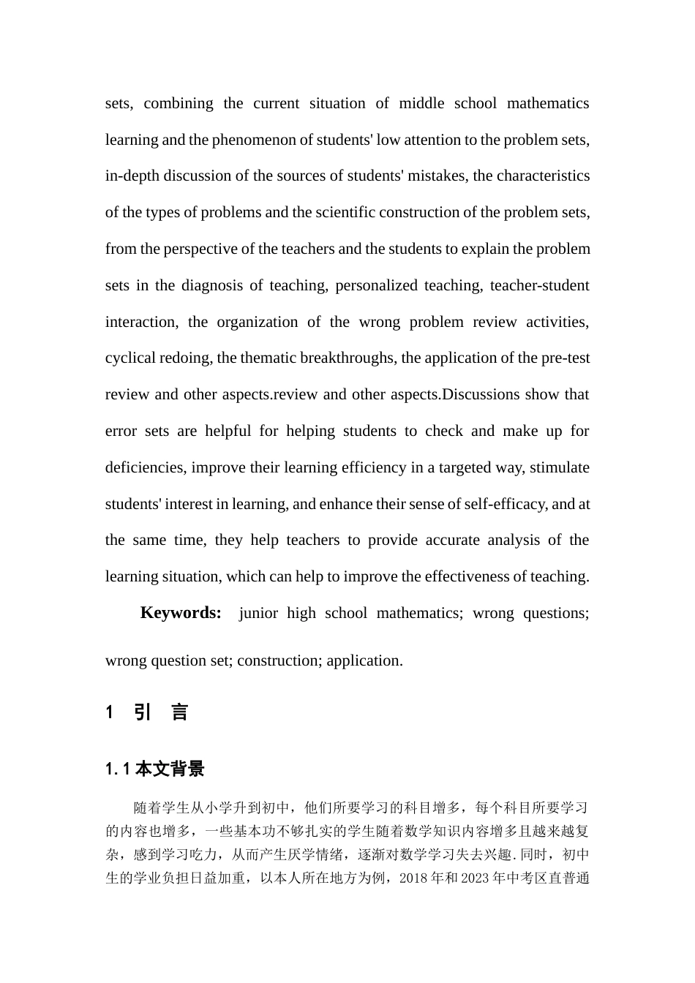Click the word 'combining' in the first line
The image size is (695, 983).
pyautogui.click(x=179, y=103)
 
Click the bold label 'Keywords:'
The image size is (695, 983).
pyautogui.click(x=181, y=613)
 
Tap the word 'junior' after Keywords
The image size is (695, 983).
pyautogui.click(x=258, y=613)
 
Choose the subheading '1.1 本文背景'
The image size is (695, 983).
pyautogui.click(x=155, y=769)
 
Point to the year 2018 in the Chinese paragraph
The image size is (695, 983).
pyautogui.click(x=414, y=878)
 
